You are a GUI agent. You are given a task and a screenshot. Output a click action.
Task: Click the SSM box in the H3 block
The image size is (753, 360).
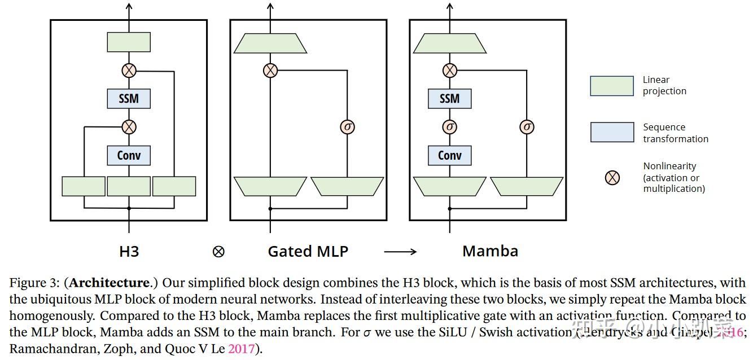click(x=129, y=99)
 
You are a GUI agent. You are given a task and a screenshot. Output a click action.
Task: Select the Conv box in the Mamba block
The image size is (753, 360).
click(x=449, y=155)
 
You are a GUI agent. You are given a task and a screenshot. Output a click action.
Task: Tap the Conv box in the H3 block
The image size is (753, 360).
click(x=129, y=155)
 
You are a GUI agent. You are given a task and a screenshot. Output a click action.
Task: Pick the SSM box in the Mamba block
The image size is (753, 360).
click(x=449, y=99)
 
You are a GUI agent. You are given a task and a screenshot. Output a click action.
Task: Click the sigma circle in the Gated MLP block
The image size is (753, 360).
click(x=347, y=127)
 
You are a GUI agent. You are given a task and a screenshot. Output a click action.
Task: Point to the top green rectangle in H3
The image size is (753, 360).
click(x=129, y=42)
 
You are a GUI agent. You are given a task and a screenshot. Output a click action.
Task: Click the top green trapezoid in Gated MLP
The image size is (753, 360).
click(x=270, y=43)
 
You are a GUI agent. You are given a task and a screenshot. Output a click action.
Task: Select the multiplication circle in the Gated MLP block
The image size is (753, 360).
click(x=270, y=71)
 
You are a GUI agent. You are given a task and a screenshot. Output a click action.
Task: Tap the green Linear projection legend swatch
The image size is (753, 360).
click(x=611, y=86)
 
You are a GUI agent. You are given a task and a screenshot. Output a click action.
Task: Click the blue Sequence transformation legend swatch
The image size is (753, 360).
click(x=611, y=132)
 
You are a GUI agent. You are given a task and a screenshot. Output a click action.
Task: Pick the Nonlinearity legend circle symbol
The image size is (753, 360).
click(x=612, y=178)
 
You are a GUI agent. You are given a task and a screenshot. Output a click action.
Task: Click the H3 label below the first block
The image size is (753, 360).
click(x=129, y=251)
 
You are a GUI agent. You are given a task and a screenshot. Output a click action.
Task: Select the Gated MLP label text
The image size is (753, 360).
click(x=308, y=251)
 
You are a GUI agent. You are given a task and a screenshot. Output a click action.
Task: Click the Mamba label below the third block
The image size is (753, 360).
click(x=490, y=251)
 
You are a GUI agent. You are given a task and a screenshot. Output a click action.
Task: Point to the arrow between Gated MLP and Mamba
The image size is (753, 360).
click(x=400, y=252)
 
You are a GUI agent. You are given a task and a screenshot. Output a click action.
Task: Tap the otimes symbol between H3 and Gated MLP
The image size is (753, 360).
click(x=218, y=252)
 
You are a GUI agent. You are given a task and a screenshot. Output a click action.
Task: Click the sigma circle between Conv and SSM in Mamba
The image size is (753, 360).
click(x=449, y=127)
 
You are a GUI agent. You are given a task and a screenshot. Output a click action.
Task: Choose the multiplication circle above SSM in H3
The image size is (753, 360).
click(x=129, y=71)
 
